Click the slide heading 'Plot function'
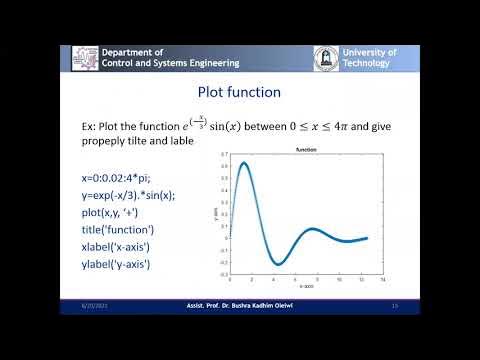tap(239, 91)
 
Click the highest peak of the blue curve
tap(244, 163)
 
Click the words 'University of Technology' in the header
tap(369, 57)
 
